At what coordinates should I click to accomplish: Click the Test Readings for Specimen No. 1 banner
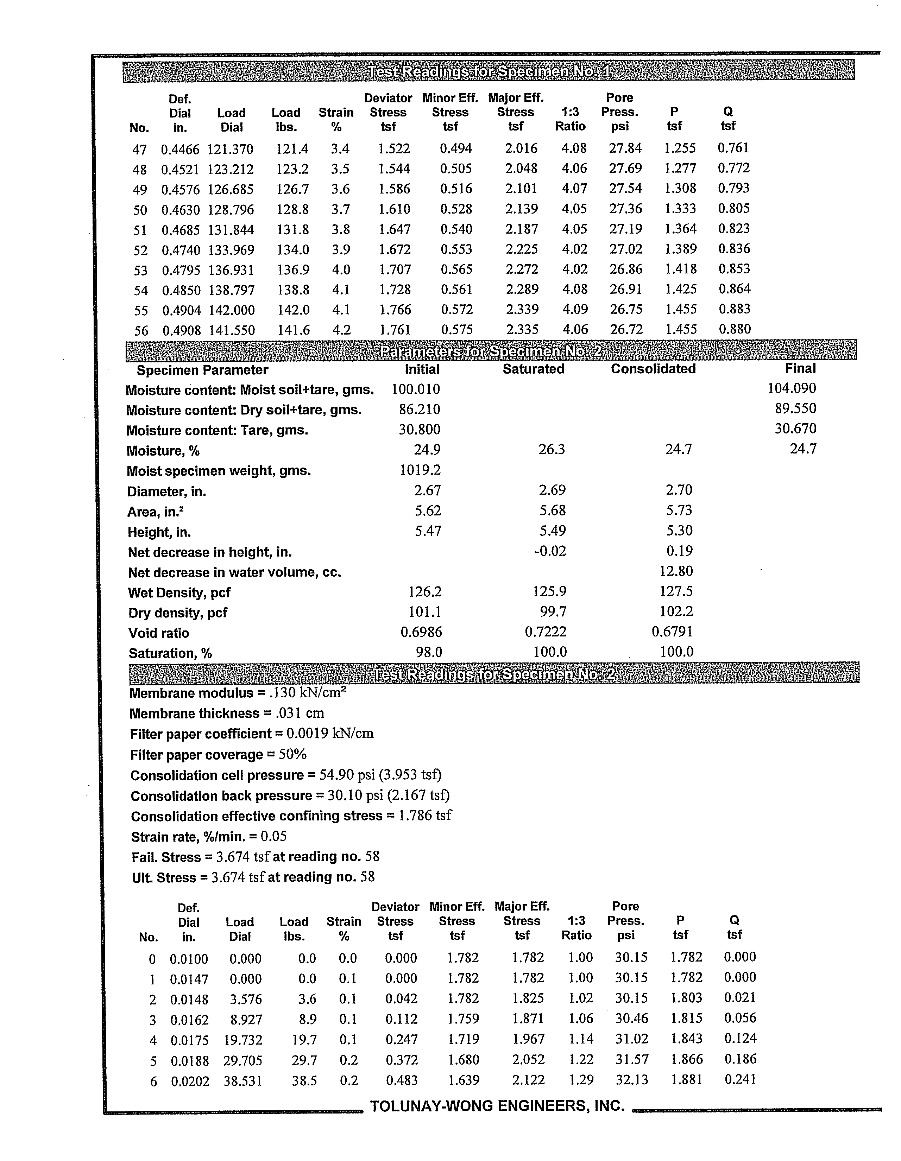pos(488,71)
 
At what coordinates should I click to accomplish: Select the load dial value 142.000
pos(231,310)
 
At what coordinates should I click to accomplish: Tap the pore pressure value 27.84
pos(625,148)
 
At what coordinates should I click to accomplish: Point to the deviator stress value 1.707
pos(394,269)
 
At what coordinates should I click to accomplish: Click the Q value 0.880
pos(735,329)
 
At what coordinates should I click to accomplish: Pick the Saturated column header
pos(534,369)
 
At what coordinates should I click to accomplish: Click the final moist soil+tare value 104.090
pos(792,389)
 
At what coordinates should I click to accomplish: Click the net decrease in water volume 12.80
pos(676,571)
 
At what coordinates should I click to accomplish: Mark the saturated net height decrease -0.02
pos(550,551)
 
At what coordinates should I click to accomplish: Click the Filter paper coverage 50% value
pos(292,754)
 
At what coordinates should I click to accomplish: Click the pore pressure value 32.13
pos(631,1080)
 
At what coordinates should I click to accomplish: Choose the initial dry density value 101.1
pos(424,612)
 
